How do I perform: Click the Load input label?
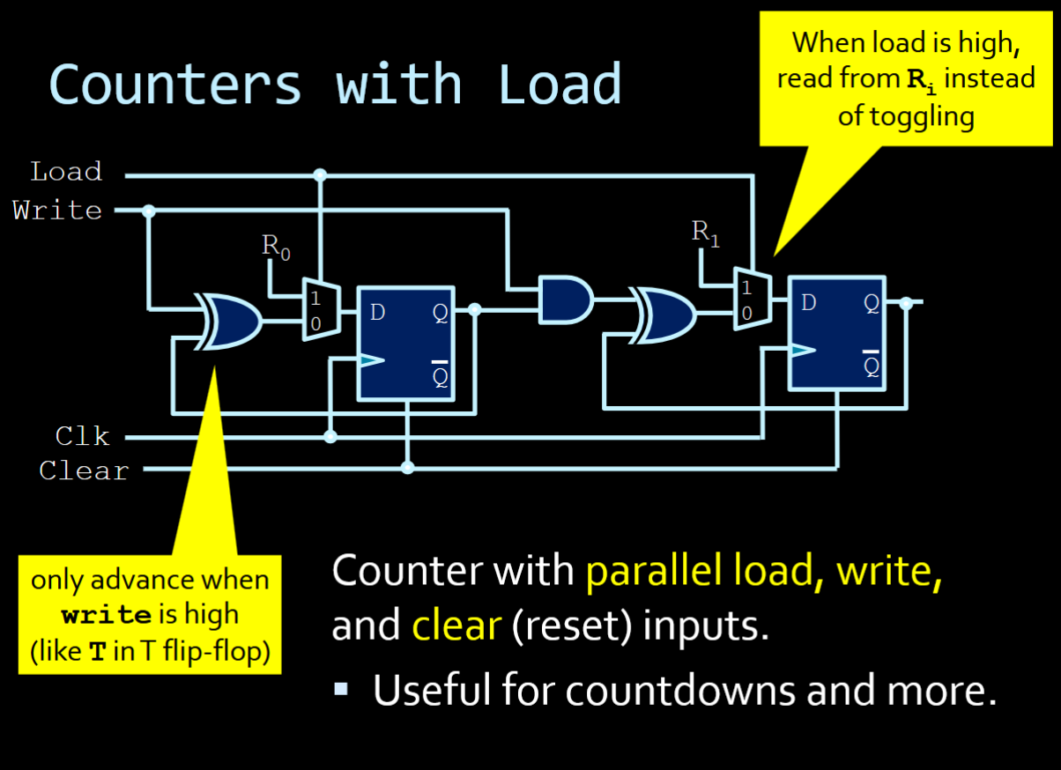point(66,171)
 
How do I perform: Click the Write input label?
point(57,211)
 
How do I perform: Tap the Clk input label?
point(82,435)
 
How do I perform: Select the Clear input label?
point(84,470)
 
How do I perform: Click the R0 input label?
point(276,248)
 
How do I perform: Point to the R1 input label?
point(706,233)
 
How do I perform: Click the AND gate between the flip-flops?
point(564,300)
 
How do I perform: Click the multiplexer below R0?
point(319,309)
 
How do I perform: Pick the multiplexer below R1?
point(752,300)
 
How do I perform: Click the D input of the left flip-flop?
point(377,312)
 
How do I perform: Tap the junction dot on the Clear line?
point(407,467)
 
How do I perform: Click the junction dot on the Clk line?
point(330,436)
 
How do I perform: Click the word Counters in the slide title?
point(175,85)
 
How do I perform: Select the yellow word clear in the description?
point(456,626)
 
